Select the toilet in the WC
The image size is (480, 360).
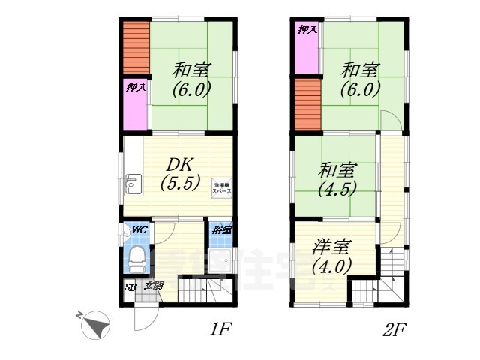(x=136, y=259)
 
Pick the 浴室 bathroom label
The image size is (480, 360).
(x=220, y=229)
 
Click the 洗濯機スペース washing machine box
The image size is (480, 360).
(x=222, y=189)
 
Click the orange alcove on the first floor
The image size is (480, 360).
(x=136, y=47)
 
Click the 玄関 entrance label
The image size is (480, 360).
(x=153, y=285)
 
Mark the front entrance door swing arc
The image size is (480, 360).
(x=142, y=319)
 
